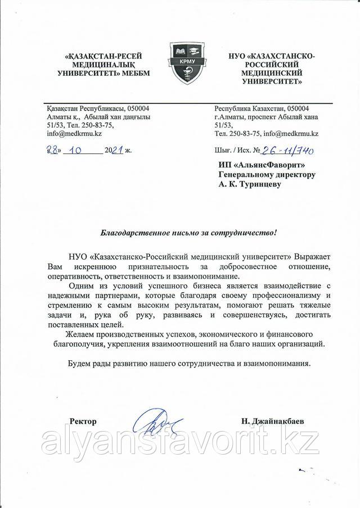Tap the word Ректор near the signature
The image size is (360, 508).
(x=83, y=421)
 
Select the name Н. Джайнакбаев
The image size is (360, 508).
(x=267, y=421)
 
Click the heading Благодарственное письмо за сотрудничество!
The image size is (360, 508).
(x=188, y=232)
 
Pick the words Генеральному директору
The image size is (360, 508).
(x=267, y=175)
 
